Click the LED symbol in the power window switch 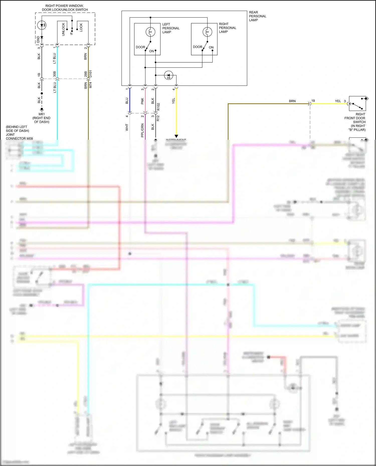coord(42,25)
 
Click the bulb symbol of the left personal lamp coord(150,32)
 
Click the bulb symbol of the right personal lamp coord(207,32)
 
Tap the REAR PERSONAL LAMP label coord(257,16)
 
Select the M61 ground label coord(42,114)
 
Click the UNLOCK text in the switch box coord(63,29)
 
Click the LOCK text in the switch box coord(81,27)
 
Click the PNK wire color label coord(142,101)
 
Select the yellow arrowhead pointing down coord(176,136)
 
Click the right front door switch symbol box coord(357,103)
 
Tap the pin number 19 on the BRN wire coord(313,101)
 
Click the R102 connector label coord(158,107)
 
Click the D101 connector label coord(90,74)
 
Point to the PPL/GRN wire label coord(142,130)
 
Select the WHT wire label coord(127,127)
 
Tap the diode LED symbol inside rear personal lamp coord(168,75)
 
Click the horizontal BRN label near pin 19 coord(292,101)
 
